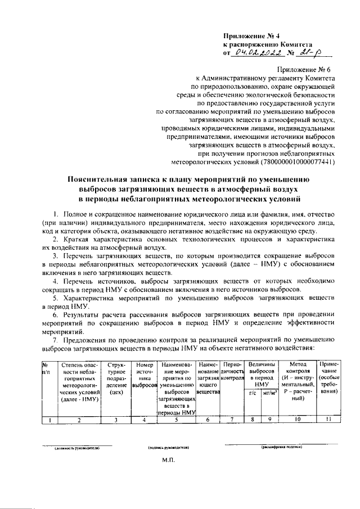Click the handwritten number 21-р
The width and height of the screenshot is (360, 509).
click(309, 53)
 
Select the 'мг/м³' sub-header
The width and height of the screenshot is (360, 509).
click(270, 393)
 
